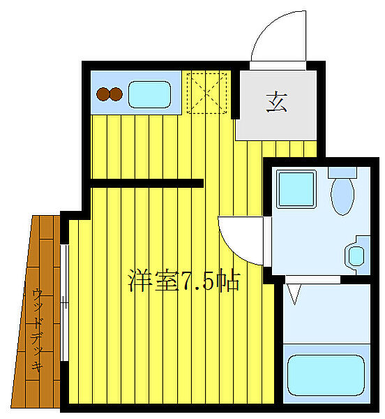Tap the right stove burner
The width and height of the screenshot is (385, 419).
tap(115, 94)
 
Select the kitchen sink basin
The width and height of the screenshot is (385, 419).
tap(150, 94)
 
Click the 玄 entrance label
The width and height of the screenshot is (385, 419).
tap(276, 103)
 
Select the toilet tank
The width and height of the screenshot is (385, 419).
tap(342, 172)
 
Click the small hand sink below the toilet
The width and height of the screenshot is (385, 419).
tap(357, 254)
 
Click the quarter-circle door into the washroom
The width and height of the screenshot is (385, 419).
tap(241, 238)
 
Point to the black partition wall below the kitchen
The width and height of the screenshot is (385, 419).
tap(147, 184)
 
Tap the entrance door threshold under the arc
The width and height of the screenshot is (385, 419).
tap(280, 64)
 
